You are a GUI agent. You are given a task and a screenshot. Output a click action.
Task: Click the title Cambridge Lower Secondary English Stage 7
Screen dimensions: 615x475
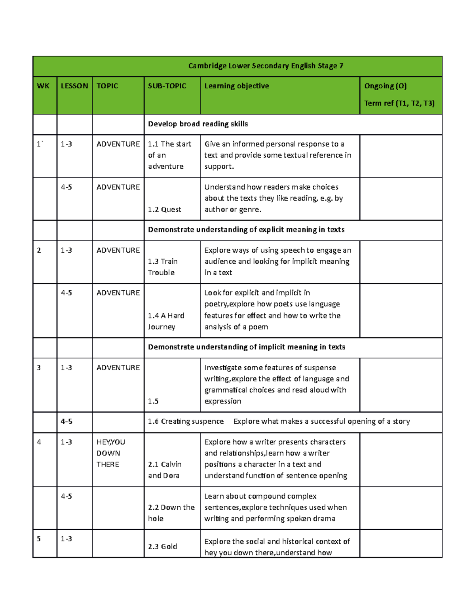(266, 66)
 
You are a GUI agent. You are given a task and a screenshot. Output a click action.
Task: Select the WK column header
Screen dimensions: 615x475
(43, 86)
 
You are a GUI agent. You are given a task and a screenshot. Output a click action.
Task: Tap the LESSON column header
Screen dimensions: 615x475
(74, 86)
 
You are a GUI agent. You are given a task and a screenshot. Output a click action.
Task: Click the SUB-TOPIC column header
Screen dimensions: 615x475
(167, 86)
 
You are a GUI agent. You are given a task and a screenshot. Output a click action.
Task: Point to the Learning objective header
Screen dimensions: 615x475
(236, 86)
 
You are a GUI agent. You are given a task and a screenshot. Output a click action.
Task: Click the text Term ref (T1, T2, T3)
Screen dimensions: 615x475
(399, 103)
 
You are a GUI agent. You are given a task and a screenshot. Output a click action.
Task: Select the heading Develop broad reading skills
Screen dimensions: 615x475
(198, 124)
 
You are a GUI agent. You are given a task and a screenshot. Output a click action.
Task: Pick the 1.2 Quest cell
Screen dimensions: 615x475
(165, 209)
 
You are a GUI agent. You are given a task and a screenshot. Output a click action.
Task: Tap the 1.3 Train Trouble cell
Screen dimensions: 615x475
(163, 267)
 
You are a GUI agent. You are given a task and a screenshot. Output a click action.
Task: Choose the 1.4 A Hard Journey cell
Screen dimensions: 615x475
(166, 321)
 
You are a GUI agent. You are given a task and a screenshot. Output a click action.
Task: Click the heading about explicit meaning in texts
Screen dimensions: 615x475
(246, 230)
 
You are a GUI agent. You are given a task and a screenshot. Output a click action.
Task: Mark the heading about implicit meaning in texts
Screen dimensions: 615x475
(246, 347)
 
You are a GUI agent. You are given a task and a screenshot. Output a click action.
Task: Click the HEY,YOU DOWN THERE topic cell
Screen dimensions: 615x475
(111, 453)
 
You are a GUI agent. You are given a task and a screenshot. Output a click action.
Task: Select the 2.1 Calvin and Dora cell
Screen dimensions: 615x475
(165, 470)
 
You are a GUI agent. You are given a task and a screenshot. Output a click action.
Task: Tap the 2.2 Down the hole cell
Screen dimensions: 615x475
(171, 513)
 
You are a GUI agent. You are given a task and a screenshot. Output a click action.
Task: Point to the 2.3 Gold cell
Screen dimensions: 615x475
(162, 546)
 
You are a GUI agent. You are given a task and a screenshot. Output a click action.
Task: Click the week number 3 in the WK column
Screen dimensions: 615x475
(39, 367)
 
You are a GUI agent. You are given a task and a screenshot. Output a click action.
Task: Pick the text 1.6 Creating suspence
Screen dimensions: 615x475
(186, 421)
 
